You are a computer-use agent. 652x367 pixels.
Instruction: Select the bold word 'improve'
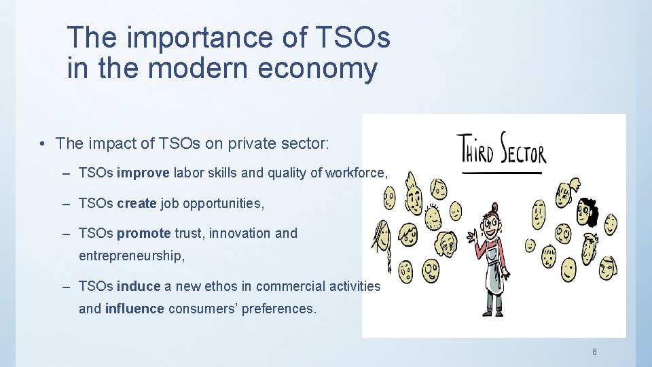[x=143, y=173]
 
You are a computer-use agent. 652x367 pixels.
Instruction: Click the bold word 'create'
[x=136, y=203]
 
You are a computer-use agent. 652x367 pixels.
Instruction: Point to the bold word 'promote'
[x=143, y=234]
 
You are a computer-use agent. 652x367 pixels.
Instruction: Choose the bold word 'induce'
[x=139, y=287]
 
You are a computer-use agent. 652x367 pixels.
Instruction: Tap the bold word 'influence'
[x=134, y=309]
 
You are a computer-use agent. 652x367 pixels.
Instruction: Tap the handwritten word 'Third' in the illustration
[x=475, y=149]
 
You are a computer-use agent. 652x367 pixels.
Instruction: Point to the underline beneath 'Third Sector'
[x=502, y=173]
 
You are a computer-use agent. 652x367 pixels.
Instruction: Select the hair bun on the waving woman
[x=494, y=207]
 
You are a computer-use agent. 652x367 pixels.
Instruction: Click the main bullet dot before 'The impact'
[x=42, y=144]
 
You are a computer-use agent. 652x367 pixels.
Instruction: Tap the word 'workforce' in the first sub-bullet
[x=355, y=173]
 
